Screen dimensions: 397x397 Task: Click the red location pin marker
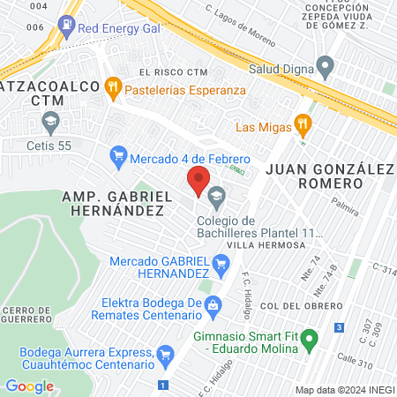(198, 182)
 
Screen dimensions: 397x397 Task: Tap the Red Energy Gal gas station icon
(65, 27)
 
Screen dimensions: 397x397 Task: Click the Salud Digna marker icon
(326, 64)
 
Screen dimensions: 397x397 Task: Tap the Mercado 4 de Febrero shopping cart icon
(117, 159)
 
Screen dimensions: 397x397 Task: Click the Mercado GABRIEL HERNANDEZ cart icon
(221, 262)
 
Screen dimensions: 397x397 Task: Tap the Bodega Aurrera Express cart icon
(165, 357)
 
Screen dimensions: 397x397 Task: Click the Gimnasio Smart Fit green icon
(309, 339)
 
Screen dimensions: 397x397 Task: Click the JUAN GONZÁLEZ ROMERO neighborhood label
(315, 175)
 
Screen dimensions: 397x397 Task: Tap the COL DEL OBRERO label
(287, 304)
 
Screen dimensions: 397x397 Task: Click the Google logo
(29, 386)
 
